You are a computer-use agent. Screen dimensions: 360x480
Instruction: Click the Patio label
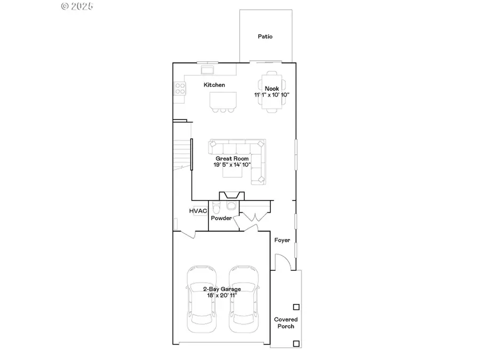click(x=265, y=37)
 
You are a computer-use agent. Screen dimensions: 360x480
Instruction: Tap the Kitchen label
click(x=214, y=85)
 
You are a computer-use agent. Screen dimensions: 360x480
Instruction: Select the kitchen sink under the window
click(x=207, y=69)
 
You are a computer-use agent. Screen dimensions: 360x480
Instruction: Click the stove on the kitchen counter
click(x=180, y=88)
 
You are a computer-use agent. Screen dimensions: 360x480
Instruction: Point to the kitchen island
click(x=222, y=100)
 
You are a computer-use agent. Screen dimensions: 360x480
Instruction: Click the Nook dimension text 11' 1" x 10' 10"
click(x=271, y=95)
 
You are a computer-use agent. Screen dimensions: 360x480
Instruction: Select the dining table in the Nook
click(x=271, y=91)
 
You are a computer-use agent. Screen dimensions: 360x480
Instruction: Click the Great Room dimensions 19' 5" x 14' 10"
click(x=233, y=165)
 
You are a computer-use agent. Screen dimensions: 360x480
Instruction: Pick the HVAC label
click(x=198, y=211)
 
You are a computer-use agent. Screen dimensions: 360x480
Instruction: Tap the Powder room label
click(x=221, y=218)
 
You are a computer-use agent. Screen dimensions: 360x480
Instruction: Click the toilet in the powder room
click(x=216, y=207)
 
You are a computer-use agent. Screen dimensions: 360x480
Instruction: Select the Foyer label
click(x=282, y=240)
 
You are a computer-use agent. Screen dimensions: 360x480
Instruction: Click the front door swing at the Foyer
click(x=283, y=261)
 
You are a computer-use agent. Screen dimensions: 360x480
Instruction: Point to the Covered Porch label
click(x=286, y=323)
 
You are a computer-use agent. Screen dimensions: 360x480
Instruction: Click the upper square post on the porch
click(x=297, y=307)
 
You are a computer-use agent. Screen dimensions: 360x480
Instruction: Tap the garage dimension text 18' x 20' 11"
click(x=222, y=295)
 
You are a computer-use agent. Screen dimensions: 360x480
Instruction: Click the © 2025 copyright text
click(x=77, y=6)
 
